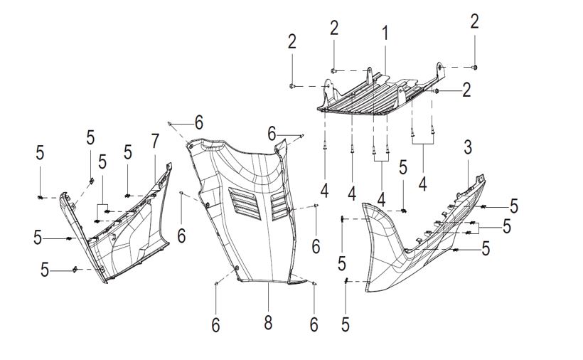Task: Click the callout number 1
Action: (x=385, y=33)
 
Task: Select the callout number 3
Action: (x=468, y=147)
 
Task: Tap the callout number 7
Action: (x=155, y=142)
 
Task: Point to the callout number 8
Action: (x=268, y=322)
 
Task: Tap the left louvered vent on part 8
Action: (x=245, y=203)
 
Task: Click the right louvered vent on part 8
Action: (x=279, y=206)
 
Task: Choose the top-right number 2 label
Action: (x=474, y=21)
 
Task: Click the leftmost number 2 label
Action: (x=292, y=42)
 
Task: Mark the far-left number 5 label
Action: (x=40, y=152)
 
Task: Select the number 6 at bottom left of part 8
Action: (x=215, y=325)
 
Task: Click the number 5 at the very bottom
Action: (x=346, y=324)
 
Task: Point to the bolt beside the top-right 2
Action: (x=475, y=68)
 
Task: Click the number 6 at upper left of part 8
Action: (x=199, y=122)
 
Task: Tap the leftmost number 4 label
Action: (x=325, y=191)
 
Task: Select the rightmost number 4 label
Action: (x=422, y=184)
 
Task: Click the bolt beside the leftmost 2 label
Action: (x=292, y=86)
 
